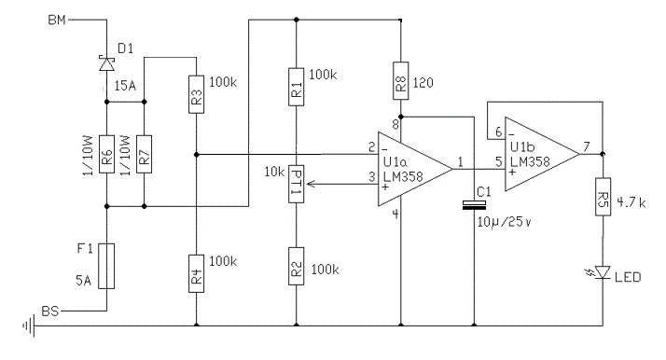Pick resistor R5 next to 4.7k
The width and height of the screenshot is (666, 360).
click(x=603, y=200)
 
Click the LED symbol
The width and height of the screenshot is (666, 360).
click(x=603, y=272)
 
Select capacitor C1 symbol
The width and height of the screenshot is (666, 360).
click(x=474, y=206)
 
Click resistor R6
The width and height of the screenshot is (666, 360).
click(x=107, y=159)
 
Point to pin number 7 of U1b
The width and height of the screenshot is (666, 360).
click(x=587, y=145)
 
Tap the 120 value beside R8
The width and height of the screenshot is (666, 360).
click(x=426, y=84)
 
